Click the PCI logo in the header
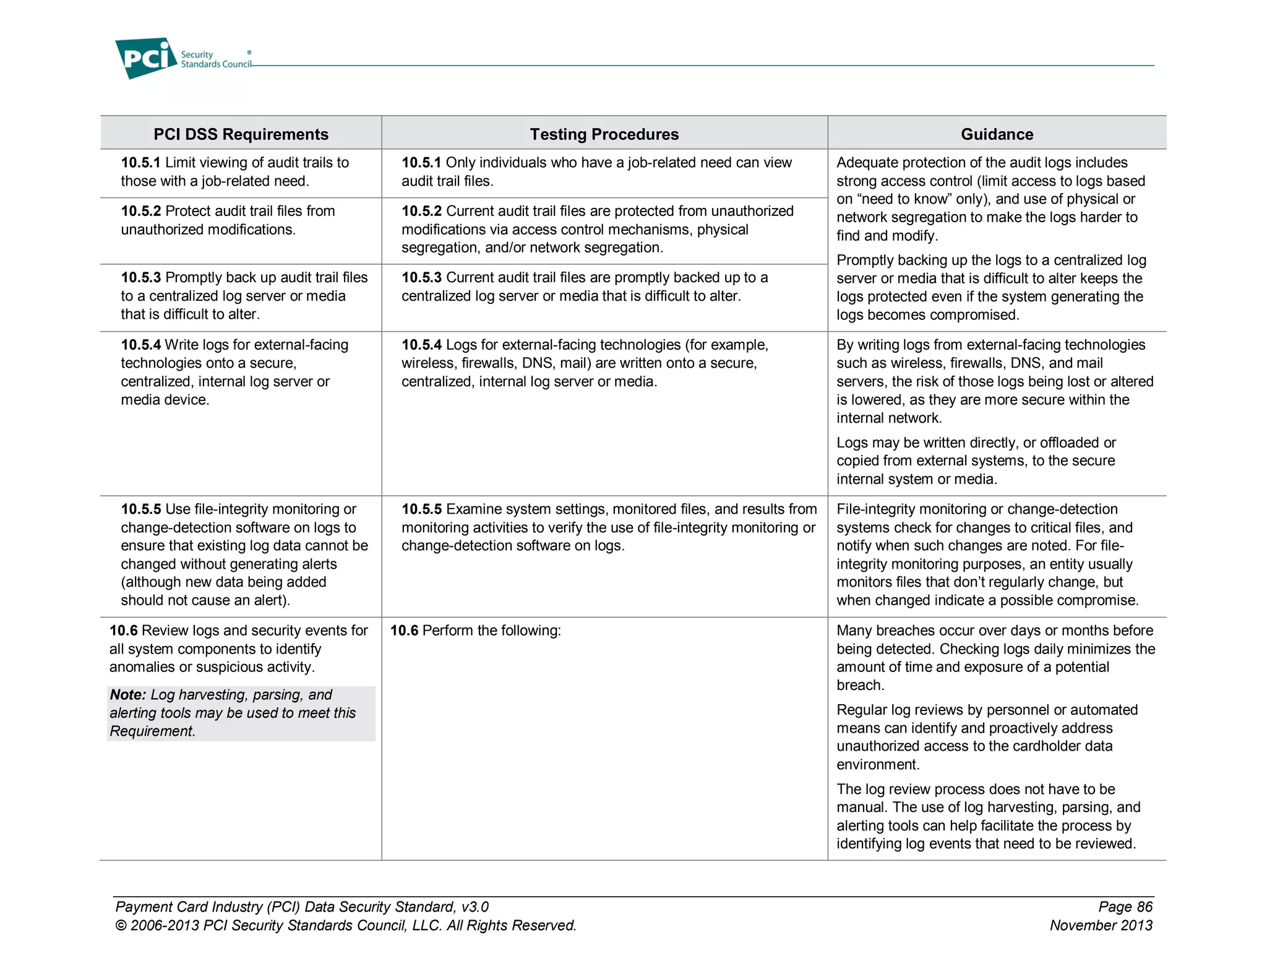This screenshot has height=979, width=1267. tap(146, 58)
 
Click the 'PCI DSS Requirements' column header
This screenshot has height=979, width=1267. tap(241, 134)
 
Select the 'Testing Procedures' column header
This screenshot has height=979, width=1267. tap(604, 134)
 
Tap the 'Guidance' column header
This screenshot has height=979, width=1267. tap(997, 134)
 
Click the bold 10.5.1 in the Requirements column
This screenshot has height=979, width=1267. tap(140, 163)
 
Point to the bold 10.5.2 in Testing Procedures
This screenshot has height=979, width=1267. tap(421, 211)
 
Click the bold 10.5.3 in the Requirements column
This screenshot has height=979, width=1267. tap(140, 278)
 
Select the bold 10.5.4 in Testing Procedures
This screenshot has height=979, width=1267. tap(421, 345)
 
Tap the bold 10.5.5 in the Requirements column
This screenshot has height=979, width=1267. tap(140, 509)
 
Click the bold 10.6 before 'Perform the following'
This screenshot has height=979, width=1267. tap(404, 631)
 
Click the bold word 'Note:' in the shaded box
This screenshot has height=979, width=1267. tap(127, 695)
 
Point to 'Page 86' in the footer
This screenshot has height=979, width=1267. tap(1125, 907)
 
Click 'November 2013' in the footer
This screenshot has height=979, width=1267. tap(1101, 926)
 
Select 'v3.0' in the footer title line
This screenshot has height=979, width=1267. tap(475, 907)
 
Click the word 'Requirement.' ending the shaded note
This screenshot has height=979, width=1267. tap(152, 731)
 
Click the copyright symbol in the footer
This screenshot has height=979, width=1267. tap(121, 926)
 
